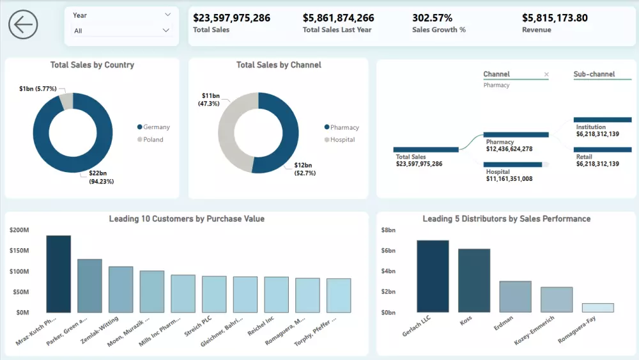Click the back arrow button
[23, 25]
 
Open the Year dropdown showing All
[121, 30]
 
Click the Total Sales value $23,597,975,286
[231, 18]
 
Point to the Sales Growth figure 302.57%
[432, 18]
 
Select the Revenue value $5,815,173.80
[554, 18]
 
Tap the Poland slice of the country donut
[66, 101]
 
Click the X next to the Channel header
[546, 74]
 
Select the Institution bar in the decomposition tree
[603, 120]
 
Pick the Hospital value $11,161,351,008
[509, 178]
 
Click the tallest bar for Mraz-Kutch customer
[59, 273]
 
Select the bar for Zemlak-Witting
[121, 289]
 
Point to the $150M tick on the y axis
[19, 251]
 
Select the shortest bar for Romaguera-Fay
[597, 308]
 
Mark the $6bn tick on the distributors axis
[389, 251]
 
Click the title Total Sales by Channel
[279, 65]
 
